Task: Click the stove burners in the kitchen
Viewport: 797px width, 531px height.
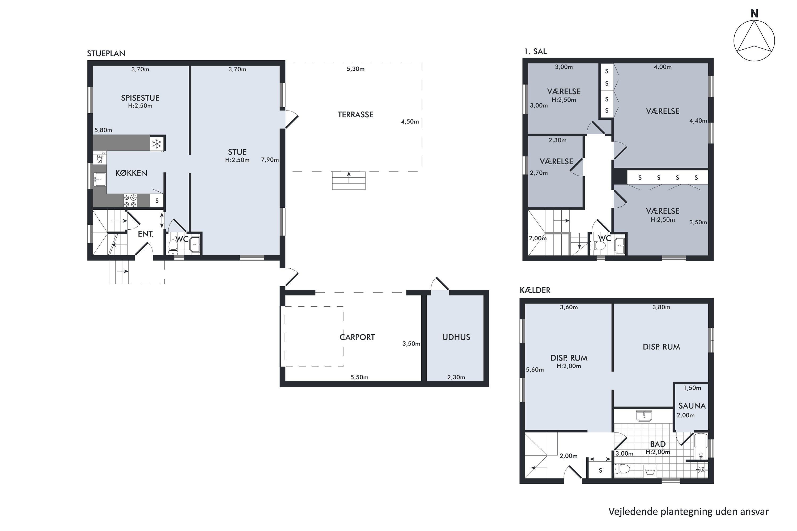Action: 130,201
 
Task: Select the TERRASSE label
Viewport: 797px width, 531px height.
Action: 355,114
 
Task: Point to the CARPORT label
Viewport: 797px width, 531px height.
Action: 357,337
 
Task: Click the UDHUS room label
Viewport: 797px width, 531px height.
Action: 456,337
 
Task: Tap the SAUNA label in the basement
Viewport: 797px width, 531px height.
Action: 692,406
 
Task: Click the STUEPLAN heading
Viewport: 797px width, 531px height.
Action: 106,54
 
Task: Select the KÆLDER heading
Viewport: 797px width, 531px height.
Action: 535,290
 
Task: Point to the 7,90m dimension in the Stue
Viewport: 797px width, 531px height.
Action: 270,160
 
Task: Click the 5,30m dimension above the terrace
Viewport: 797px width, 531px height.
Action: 355,69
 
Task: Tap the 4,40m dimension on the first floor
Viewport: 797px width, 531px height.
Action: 698,121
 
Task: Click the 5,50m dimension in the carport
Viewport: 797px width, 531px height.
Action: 359,377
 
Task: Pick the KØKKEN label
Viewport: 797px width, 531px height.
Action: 131,173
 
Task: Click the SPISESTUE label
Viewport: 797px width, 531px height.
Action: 140,98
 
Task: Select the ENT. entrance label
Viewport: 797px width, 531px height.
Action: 146,234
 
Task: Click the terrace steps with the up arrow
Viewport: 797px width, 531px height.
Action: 349,181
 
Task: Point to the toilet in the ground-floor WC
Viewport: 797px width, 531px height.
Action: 173,247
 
